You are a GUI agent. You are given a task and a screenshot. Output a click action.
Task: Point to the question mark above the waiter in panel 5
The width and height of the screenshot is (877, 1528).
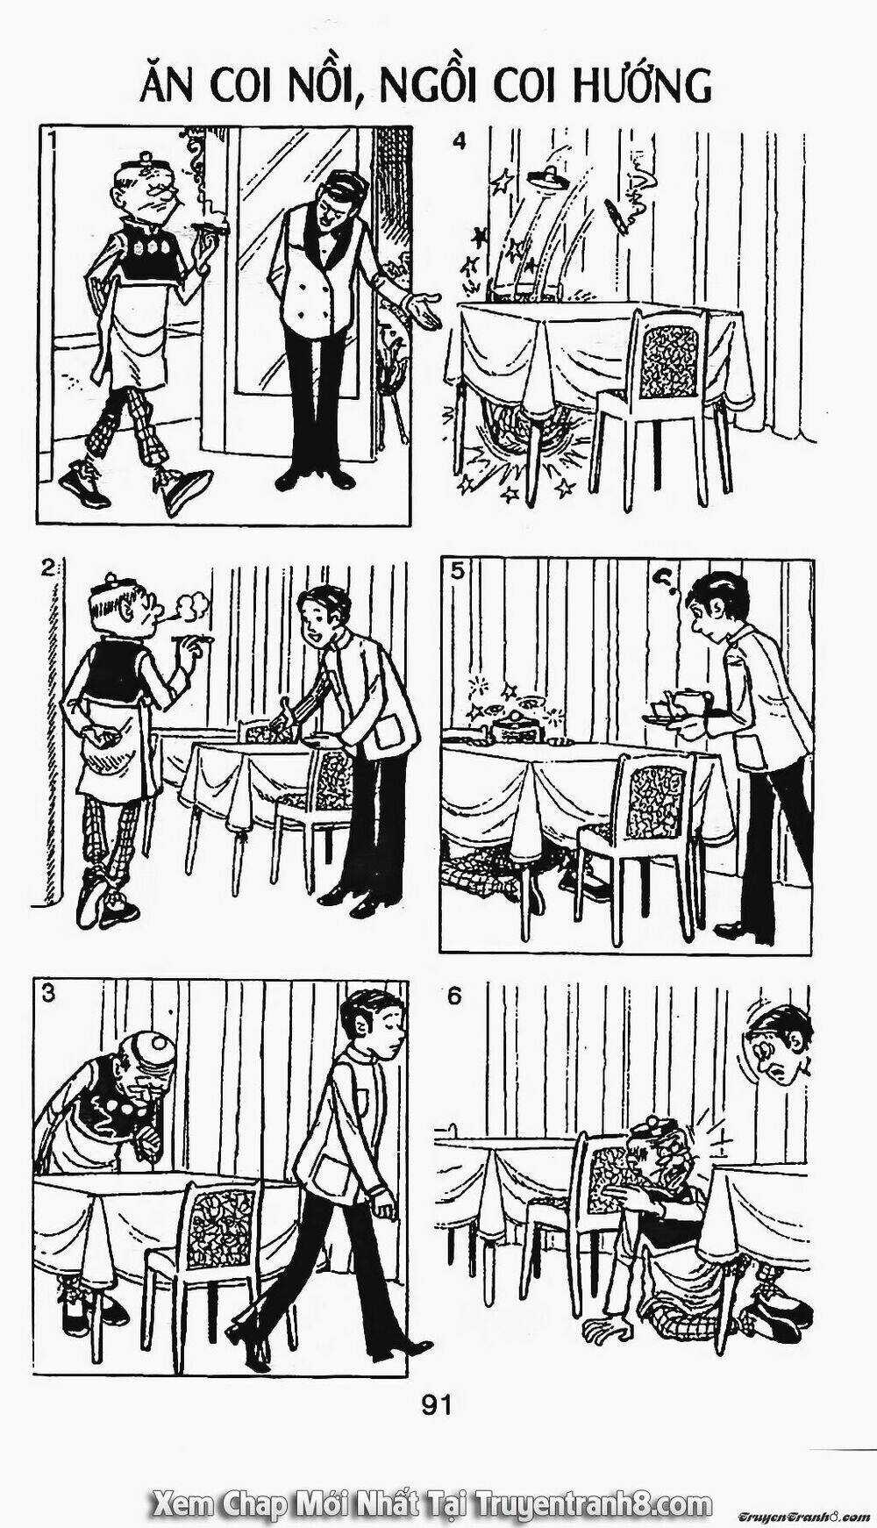[x=664, y=579]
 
